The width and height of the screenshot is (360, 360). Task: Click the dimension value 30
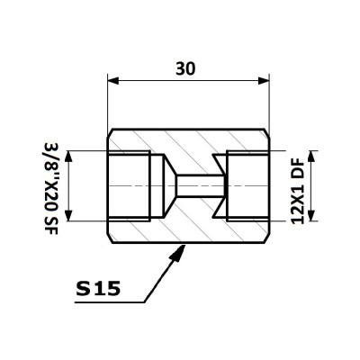[x=185, y=68]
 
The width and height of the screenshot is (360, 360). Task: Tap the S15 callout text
[x=98, y=289]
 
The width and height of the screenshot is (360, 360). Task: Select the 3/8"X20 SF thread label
[x=50, y=189]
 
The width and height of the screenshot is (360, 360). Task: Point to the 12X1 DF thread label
[x=298, y=193]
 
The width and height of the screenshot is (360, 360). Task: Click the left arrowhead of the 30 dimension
[x=113, y=81]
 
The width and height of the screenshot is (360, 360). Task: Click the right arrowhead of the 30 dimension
[x=264, y=81]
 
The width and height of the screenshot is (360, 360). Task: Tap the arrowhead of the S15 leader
[x=178, y=253]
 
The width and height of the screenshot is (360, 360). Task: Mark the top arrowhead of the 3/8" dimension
[x=68, y=156]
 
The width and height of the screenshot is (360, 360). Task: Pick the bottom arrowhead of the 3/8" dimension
[x=68, y=216]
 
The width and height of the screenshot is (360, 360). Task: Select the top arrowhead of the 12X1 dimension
[x=311, y=156]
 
